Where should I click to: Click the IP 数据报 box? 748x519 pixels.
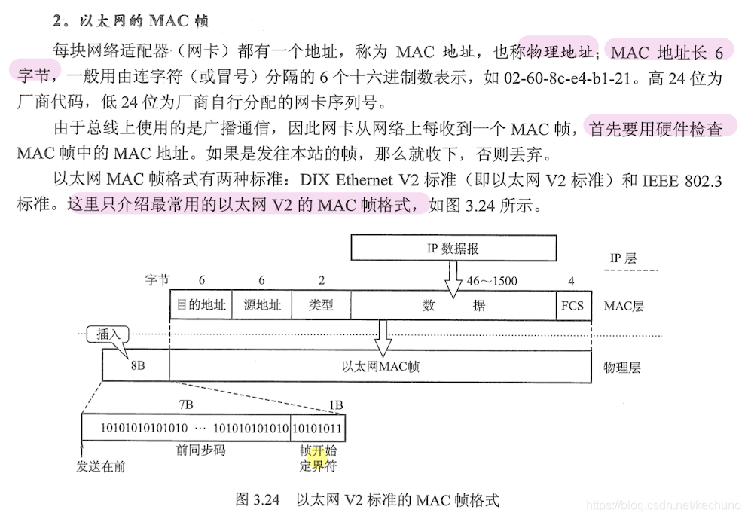[x=453, y=248]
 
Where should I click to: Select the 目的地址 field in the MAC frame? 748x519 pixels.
[x=201, y=305]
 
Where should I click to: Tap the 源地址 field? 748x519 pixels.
[x=261, y=305]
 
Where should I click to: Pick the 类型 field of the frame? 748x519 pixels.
[x=321, y=305]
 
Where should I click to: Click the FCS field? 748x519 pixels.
[x=572, y=305]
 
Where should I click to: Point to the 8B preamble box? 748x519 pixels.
[x=136, y=366]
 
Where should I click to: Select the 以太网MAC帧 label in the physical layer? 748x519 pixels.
[x=380, y=366]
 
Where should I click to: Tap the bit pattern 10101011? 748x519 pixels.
[x=317, y=427]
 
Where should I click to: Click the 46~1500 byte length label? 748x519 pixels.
[x=492, y=281]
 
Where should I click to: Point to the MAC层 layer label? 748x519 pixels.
[x=624, y=306]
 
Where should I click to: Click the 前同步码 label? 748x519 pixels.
[x=201, y=450]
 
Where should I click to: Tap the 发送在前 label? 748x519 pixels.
[x=101, y=466]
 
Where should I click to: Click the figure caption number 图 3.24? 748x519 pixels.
[x=258, y=499]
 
